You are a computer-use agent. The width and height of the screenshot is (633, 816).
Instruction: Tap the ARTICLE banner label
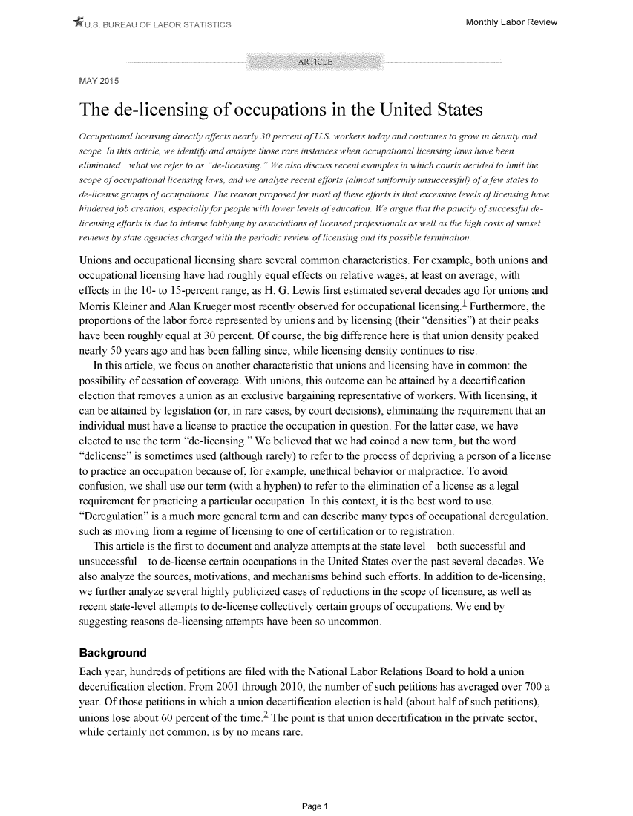(x=316, y=61)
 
